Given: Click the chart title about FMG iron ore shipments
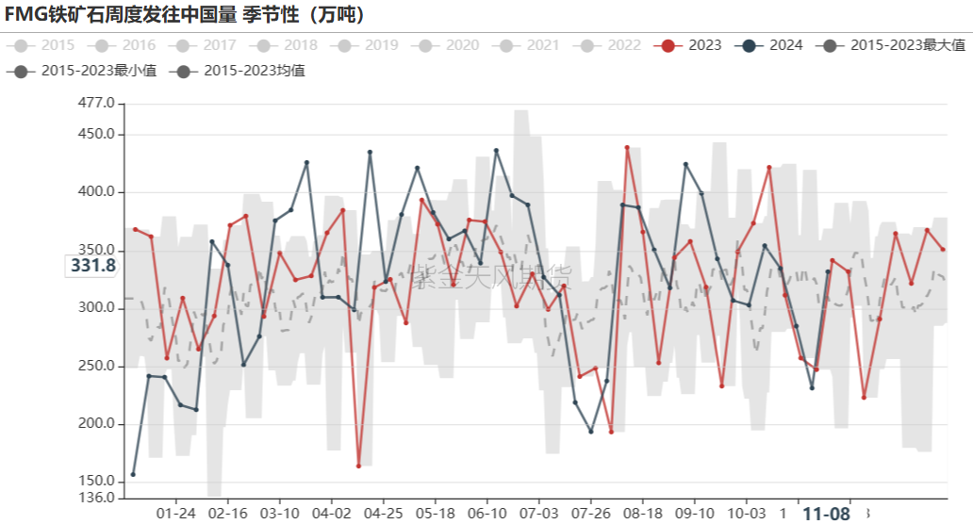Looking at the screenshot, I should [x=185, y=14].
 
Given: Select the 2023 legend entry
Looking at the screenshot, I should [x=694, y=45].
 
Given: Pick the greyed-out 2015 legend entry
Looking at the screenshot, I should [x=46, y=45].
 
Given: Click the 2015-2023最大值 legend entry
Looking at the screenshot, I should [x=895, y=45].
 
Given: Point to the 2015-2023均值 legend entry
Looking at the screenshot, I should [x=242, y=71].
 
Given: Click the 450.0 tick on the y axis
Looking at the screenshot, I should [x=97, y=134].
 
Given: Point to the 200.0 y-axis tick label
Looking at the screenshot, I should [x=97, y=424].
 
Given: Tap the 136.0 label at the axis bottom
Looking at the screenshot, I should [x=97, y=498].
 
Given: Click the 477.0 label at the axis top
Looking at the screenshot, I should [x=97, y=103].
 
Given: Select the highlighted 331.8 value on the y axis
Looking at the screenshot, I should [x=93, y=266].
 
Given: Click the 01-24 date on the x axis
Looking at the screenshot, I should [x=176, y=513].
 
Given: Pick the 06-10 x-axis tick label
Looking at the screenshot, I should [x=486, y=513].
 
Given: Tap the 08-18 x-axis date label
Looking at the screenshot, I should [x=642, y=513].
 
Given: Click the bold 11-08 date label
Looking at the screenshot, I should [x=826, y=514].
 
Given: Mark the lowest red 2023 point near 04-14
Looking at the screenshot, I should [x=359, y=466].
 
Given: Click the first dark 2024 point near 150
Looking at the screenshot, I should [x=133, y=474].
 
